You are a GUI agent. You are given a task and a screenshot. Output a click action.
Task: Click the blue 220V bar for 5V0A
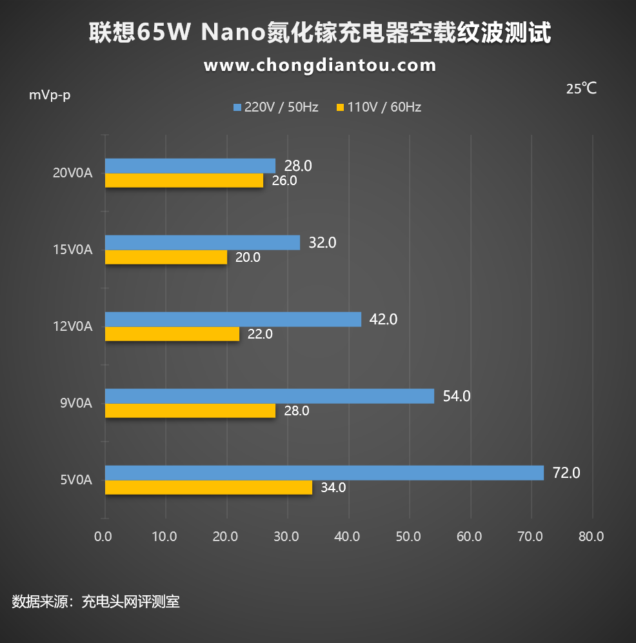point(324,473)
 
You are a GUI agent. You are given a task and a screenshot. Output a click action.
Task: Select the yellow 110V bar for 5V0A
point(208,488)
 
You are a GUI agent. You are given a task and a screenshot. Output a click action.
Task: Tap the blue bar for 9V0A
point(269,396)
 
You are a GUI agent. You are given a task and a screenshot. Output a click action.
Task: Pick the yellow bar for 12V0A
point(172,334)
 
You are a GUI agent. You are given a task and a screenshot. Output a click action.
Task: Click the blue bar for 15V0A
point(202,242)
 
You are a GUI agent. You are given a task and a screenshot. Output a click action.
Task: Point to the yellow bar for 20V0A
point(184,181)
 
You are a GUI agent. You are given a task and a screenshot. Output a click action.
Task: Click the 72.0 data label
point(566,473)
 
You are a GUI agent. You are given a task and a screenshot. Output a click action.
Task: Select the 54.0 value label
point(457,396)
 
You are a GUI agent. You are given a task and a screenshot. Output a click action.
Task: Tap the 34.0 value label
point(333,488)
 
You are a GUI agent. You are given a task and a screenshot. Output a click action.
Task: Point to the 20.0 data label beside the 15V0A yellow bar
point(248,257)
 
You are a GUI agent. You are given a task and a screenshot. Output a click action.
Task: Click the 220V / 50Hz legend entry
point(276,107)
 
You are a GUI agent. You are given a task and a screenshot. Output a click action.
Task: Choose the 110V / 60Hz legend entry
point(379,107)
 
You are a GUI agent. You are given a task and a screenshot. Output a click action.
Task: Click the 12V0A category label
point(72,327)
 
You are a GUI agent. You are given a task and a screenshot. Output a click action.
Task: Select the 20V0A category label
point(72,173)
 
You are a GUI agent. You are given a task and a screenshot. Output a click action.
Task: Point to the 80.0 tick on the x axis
point(591,537)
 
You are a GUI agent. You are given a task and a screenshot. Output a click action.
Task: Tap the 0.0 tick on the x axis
point(103,537)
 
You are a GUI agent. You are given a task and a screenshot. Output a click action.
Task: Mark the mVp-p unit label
point(50,95)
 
